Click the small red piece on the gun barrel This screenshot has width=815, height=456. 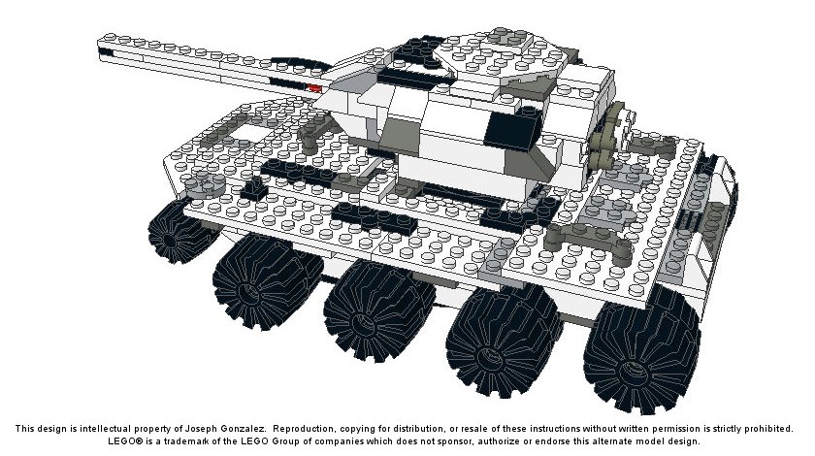[x=315, y=88]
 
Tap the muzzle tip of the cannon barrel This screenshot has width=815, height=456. [x=99, y=49]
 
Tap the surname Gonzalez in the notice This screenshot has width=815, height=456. [x=244, y=429]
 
